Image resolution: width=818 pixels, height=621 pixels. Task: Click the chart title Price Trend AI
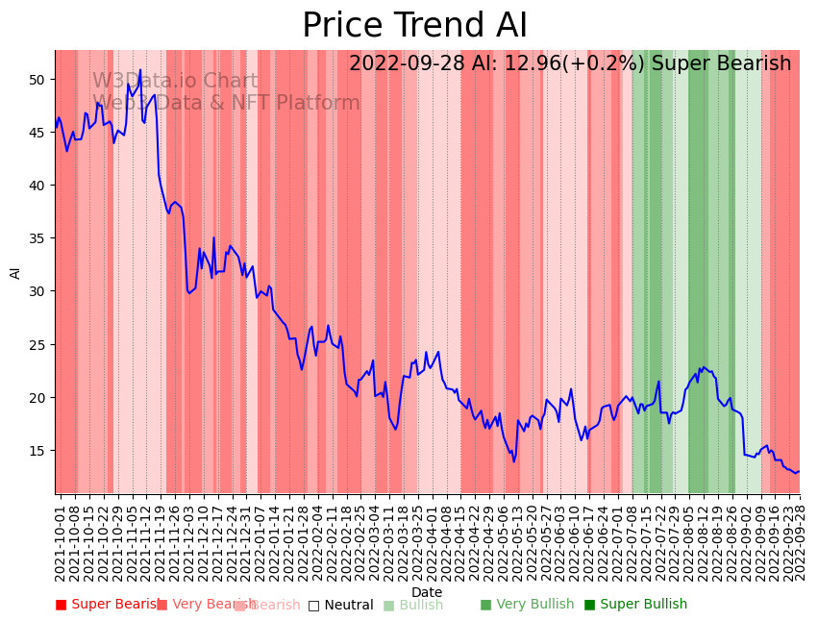pyautogui.click(x=414, y=26)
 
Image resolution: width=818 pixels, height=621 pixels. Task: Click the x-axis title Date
pyautogui.click(x=427, y=593)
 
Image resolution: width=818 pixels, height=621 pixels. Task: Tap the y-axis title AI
pyautogui.click(x=15, y=272)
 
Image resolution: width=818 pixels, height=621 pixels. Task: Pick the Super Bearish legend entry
pyautogui.click(x=108, y=605)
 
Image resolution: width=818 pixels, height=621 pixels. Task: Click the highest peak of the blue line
pyautogui.click(x=139, y=69)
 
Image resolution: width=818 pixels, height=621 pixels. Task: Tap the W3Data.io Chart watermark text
pyautogui.click(x=175, y=82)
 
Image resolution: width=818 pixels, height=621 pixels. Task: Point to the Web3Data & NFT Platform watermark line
pyautogui.click(x=226, y=103)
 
